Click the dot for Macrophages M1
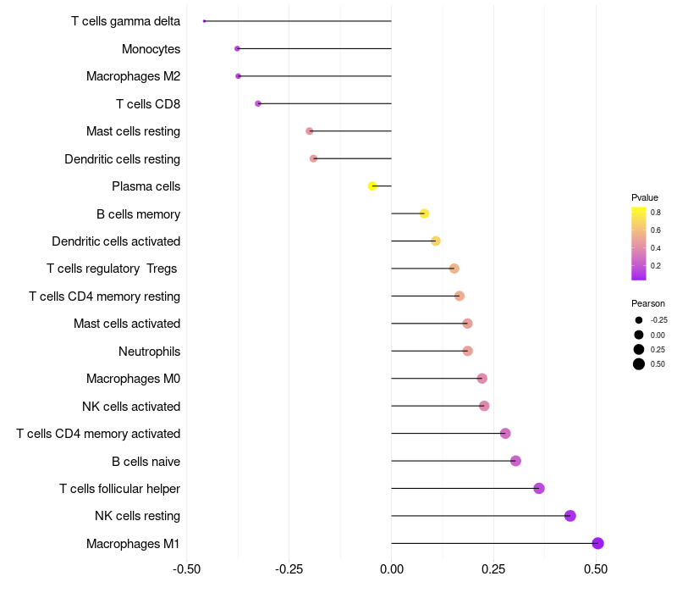pyautogui.click(x=597, y=543)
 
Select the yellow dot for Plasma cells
pyautogui.click(x=372, y=186)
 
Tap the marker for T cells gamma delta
pyautogui.click(x=205, y=20)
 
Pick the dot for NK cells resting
pyautogui.click(x=570, y=516)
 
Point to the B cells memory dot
pyautogui.click(x=424, y=213)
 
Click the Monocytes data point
pyautogui.click(x=237, y=48)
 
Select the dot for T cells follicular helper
pyautogui.click(x=539, y=488)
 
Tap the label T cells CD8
pyautogui.click(x=148, y=103)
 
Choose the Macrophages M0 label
pyautogui.click(x=133, y=379)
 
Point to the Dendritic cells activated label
pyautogui.click(x=116, y=241)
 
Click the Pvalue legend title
pyautogui.click(x=644, y=197)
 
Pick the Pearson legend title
pyautogui.click(x=647, y=303)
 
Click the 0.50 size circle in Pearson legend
pyautogui.click(x=638, y=364)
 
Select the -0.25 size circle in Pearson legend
pyautogui.click(x=638, y=320)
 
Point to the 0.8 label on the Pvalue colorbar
pyautogui.click(x=655, y=213)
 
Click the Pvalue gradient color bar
pyautogui.click(x=638, y=242)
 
